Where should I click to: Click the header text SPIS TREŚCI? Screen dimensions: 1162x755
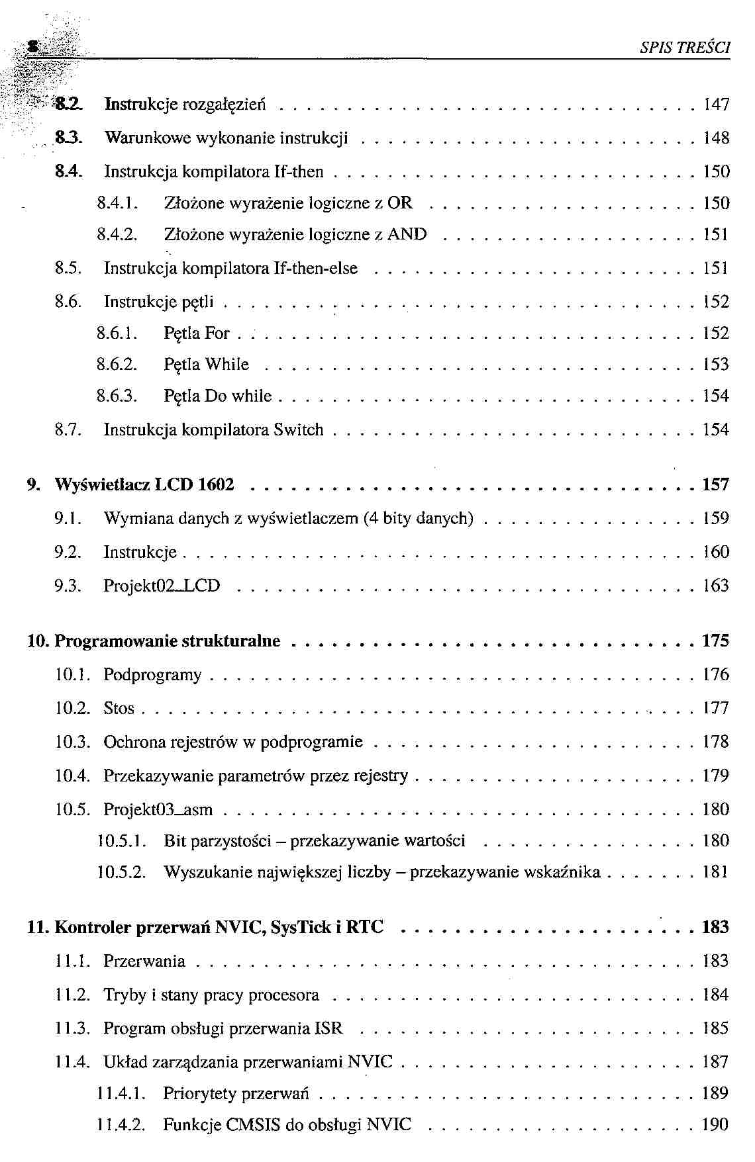(x=685, y=48)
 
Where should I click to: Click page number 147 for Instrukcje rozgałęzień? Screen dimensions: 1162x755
(x=716, y=104)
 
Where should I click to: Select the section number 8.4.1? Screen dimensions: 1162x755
(x=117, y=203)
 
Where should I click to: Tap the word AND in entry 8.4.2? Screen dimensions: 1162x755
(x=407, y=235)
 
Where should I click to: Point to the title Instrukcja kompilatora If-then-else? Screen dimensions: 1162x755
(x=230, y=269)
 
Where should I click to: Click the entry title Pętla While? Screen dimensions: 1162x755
(x=206, y=365)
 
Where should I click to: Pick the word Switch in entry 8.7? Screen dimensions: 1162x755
(x=299, y=430)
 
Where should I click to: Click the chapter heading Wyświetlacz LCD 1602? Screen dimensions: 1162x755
(x=144, y=485)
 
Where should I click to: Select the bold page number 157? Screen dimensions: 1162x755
(x=715, y=485)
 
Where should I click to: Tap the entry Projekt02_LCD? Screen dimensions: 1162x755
(x=162, y=586)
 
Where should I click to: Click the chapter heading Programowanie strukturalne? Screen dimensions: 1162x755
(x=167, y=641)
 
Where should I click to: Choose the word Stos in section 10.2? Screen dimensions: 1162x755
(x=119, y=709)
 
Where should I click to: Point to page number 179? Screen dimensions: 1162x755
(x=715, y=776)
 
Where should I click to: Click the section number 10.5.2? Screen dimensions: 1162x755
(x=121, y=873)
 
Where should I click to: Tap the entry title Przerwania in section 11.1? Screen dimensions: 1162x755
(x=144, y=961)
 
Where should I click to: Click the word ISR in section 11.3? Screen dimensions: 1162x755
(x=328, y=1029)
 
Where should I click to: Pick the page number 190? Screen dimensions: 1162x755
(x=715, y=1125)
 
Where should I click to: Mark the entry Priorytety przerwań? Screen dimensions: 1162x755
(x=236, y=1094)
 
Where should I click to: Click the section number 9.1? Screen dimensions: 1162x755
(x=68, y=519)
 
